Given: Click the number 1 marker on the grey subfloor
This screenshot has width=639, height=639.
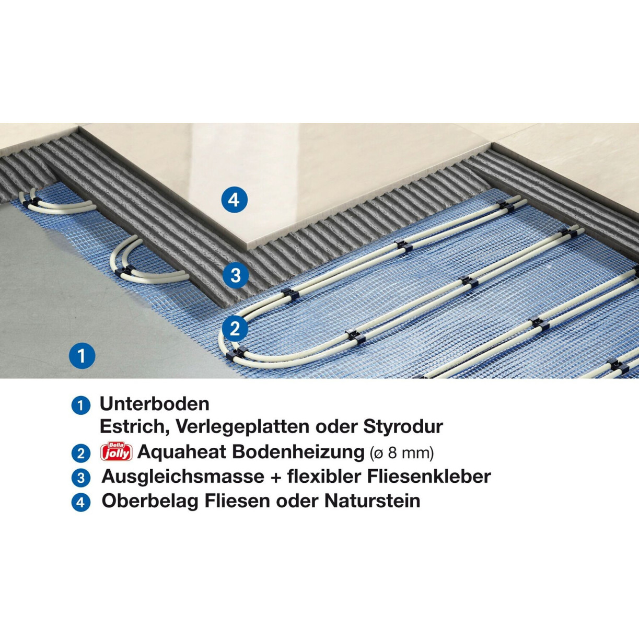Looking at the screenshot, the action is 82,355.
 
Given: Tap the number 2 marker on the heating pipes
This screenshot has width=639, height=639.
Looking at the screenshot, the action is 235,329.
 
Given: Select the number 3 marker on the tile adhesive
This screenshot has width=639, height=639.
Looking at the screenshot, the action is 235,275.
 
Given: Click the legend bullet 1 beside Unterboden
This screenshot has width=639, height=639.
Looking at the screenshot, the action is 80,405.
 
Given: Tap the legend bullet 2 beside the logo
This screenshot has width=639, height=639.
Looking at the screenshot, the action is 80,454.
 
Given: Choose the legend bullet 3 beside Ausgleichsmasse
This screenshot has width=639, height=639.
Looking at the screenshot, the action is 80,478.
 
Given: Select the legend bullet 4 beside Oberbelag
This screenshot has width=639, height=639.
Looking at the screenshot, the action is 80,503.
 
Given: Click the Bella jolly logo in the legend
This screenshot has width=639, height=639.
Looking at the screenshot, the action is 117,451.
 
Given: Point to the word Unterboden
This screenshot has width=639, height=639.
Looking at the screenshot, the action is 155,404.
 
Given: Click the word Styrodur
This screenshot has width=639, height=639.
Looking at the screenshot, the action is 403,427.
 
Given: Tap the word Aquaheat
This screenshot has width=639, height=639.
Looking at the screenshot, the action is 182,452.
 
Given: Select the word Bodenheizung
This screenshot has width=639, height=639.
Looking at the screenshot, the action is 298,451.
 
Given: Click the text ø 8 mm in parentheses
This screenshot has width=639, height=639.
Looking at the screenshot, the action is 402,452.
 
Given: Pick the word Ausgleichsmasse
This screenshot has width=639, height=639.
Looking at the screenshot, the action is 183,477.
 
